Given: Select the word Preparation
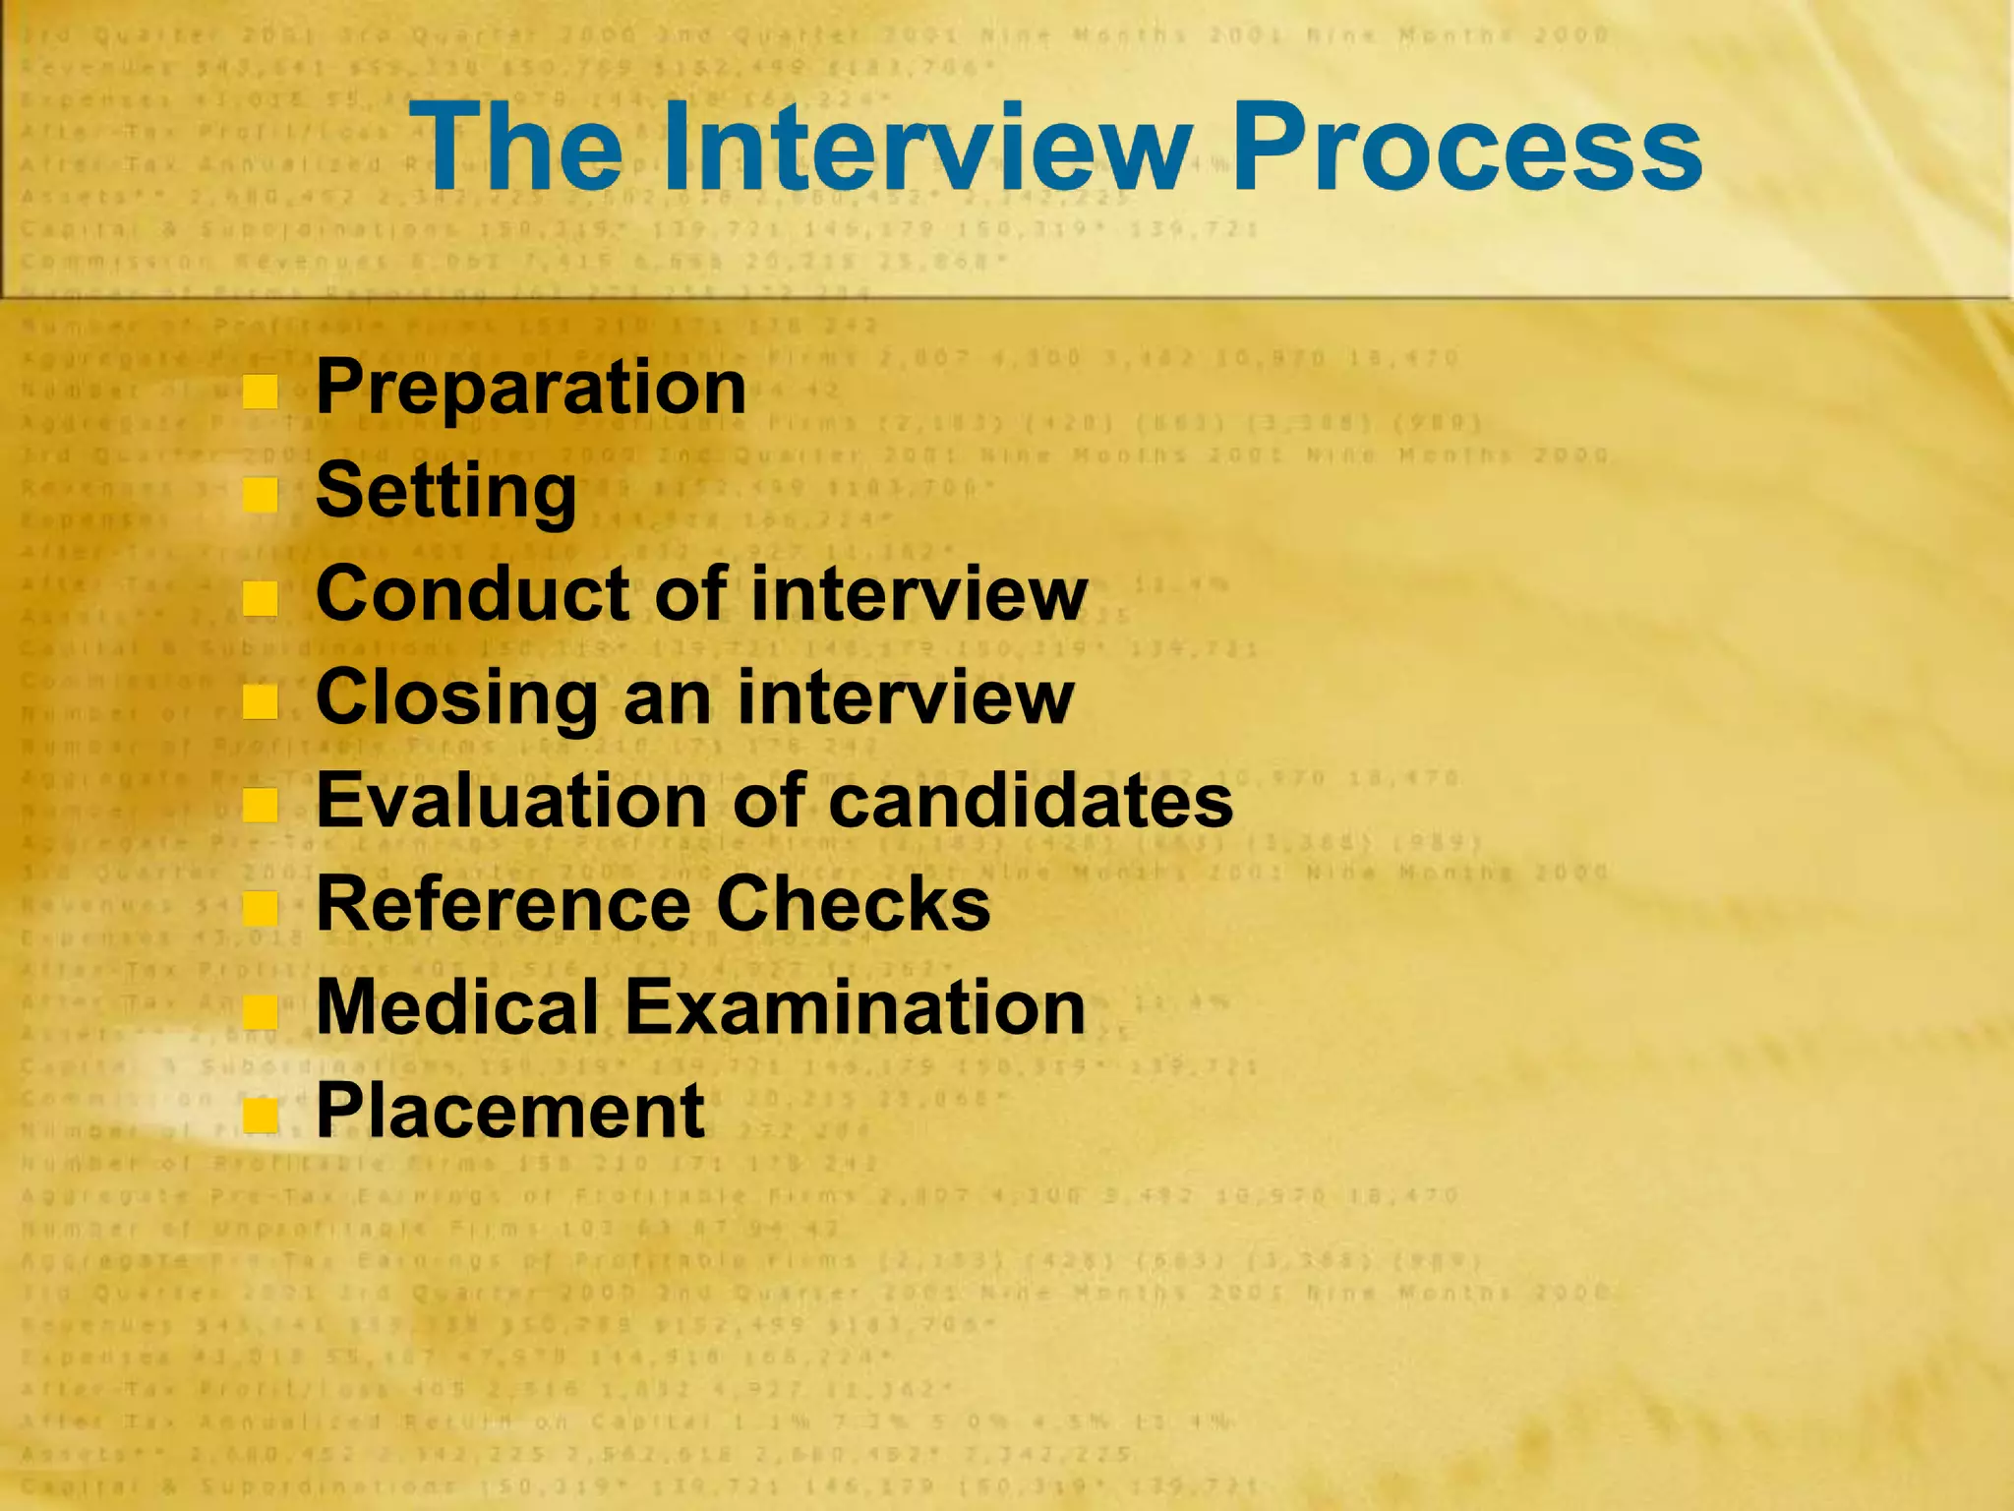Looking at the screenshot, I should coord(531,388).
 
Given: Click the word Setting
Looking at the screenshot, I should coord(445,492).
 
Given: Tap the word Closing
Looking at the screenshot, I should coord(456,698).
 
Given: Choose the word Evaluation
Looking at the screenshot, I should coord(510,801).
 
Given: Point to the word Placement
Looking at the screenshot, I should coord(509,1112).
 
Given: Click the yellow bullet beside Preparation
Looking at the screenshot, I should coord(261,392).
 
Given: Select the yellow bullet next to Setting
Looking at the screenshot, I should coord(261,495).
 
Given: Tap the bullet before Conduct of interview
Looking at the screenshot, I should coord(261,598).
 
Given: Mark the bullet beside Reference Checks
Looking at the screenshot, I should coord(261,908).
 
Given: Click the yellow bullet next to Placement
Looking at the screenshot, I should coord(261,1115).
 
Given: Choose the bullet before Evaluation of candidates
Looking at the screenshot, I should coord(261,805).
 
